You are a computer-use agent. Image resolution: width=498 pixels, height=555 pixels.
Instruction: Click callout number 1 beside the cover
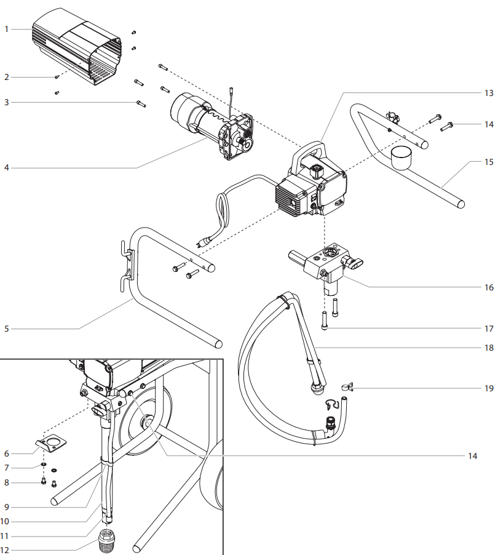click(7, 29)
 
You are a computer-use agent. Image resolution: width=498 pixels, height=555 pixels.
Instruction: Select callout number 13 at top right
click(489, 93)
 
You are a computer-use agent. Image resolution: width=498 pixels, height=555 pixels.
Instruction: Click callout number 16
click(489, 287)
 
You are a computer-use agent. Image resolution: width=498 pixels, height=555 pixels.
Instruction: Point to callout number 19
click(489, 388)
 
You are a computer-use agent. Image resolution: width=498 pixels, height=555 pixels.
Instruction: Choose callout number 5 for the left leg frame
click(7, 329)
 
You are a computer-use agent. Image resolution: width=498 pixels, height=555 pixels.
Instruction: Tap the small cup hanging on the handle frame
click(401, 157)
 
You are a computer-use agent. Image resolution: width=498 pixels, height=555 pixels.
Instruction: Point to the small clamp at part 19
click(347, 387)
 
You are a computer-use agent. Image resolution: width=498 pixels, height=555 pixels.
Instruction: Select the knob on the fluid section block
click(355, 264)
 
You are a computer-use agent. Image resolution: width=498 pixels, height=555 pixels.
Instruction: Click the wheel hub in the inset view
click(148, 423)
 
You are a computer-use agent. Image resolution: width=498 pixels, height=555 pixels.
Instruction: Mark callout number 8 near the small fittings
click(7, 483)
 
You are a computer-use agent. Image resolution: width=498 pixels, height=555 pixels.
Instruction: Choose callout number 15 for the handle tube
click(489, 162)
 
